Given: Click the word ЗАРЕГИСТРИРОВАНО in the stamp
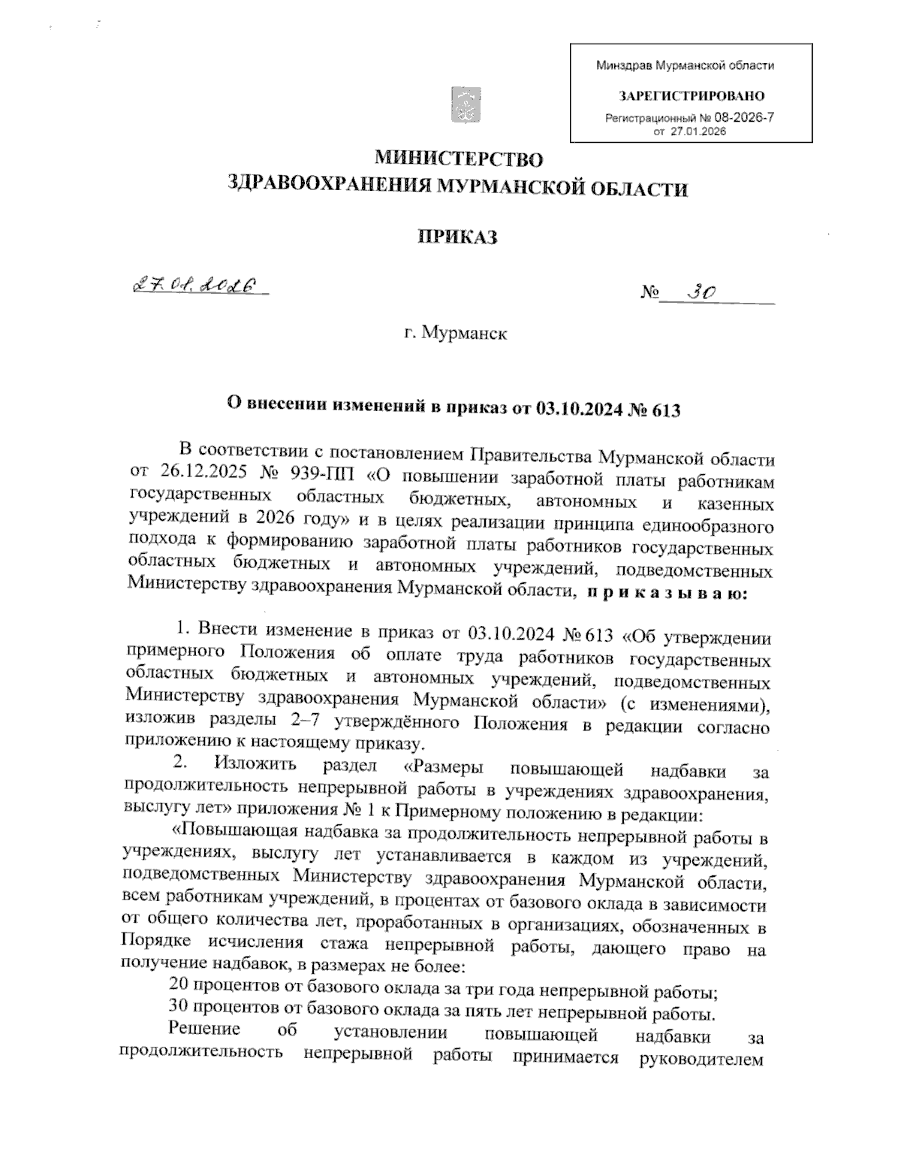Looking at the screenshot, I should (x=691, y=96).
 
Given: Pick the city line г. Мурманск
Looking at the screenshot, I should (x=455, y=332).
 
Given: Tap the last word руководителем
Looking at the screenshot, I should (x=700, y=1058).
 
